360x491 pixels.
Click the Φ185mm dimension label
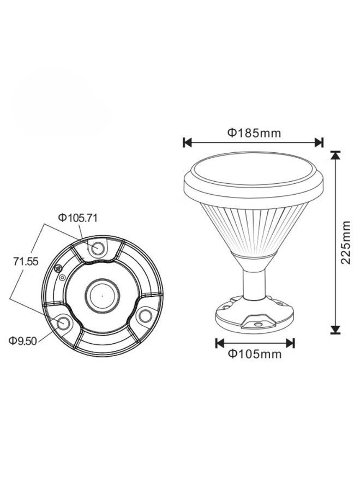(254, 133)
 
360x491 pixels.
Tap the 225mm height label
(346, 242)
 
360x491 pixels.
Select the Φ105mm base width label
(255, 354)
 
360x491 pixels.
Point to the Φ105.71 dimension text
(77, 218)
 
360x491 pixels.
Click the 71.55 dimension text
(26, 261)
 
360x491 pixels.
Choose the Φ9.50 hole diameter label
(22, 340)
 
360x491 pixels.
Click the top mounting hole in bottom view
(97, 249)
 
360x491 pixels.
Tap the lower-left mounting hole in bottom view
(64, 322)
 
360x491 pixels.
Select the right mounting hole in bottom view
(145, 316)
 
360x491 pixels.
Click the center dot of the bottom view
(102, 295)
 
